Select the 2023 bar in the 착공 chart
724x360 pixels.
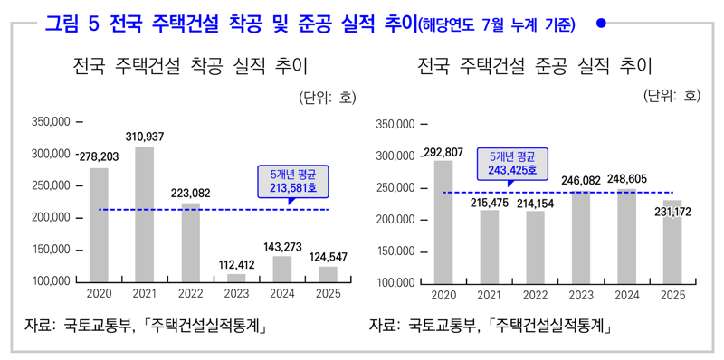pyautogui.click(x=235, y=278)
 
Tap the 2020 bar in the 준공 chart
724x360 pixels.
pyautogui.click(x=443, y=222)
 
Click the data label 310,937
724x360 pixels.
pyautogui.click(x=145, y=137)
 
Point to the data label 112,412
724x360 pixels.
pyautogui.click(x=235, y=264)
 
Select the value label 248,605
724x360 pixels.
pyautogui.click(x=627, y=179)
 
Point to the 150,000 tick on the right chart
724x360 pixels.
pyautogui.click(x=395, y=251)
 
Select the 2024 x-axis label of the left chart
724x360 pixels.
pyautogui.click(x=282, y=293)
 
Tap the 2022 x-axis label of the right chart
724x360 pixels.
pyautogui.click(x=535, y=295)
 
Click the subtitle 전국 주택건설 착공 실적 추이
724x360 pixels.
pyautogui.click(x=190, y=66)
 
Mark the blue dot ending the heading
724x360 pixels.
pyautogui.click(x=602, y=24)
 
